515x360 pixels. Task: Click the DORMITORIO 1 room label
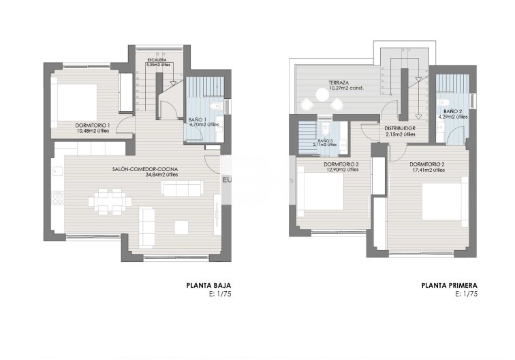coord(93,125)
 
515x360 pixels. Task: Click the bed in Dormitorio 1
coord(76,102)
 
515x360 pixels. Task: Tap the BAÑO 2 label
coord(453,111)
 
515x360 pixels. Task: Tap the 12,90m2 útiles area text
coord(343,170)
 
